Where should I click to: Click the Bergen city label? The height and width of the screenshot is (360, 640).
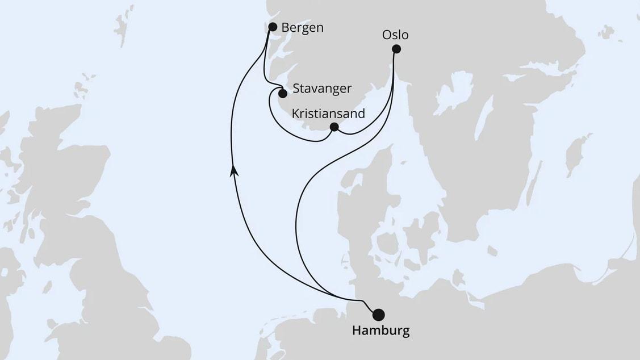[x=303, y=27]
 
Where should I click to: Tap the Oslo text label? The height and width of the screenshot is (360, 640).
[x=395, y=35]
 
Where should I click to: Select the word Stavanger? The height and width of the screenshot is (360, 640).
[x=322, y=89]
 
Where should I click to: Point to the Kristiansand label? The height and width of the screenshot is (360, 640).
[x=328, y=113]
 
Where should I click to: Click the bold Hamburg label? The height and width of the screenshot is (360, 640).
[x=380, y=331]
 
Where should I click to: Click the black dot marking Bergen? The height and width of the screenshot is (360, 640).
[x=273, y=27]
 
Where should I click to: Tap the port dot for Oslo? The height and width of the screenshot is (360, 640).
[x=396, y=49]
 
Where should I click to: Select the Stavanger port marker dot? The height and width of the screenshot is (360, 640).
[x=282, y=93]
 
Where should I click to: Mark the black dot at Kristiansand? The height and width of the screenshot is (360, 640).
[x=334, y=127]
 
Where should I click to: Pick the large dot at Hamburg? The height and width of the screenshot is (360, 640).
[x=378, y=315]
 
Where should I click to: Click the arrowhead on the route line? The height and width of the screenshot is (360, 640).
[x=233, y=169]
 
